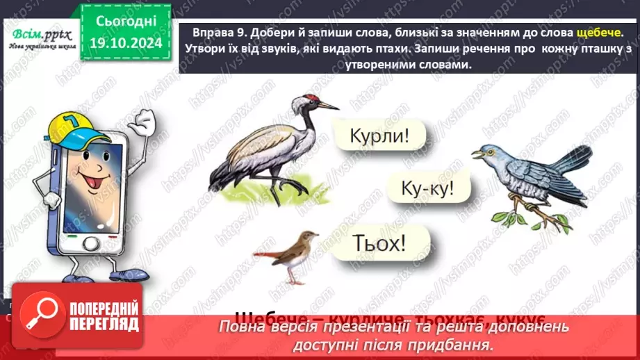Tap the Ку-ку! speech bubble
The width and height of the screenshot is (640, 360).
(x=427, y=187)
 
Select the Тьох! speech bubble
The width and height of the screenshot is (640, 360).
(x=379, y=243)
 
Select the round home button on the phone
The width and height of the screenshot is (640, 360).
(x=92, y=244)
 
